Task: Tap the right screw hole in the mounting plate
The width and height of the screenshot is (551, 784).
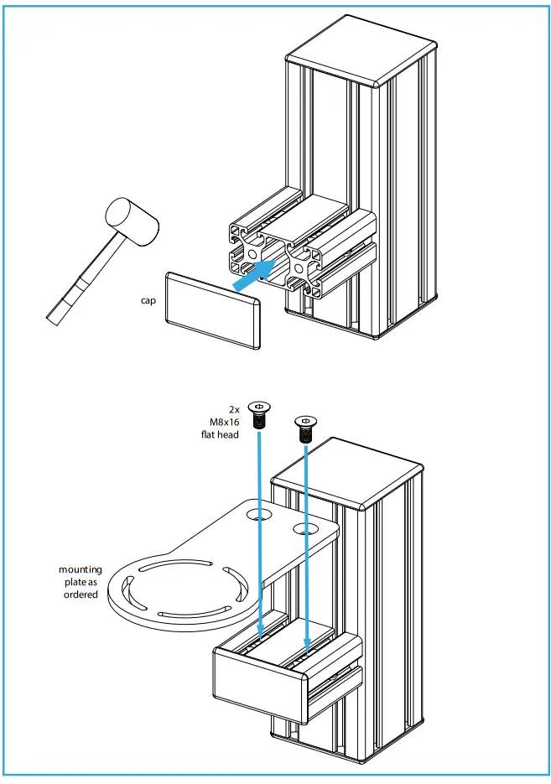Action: [304, 529]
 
